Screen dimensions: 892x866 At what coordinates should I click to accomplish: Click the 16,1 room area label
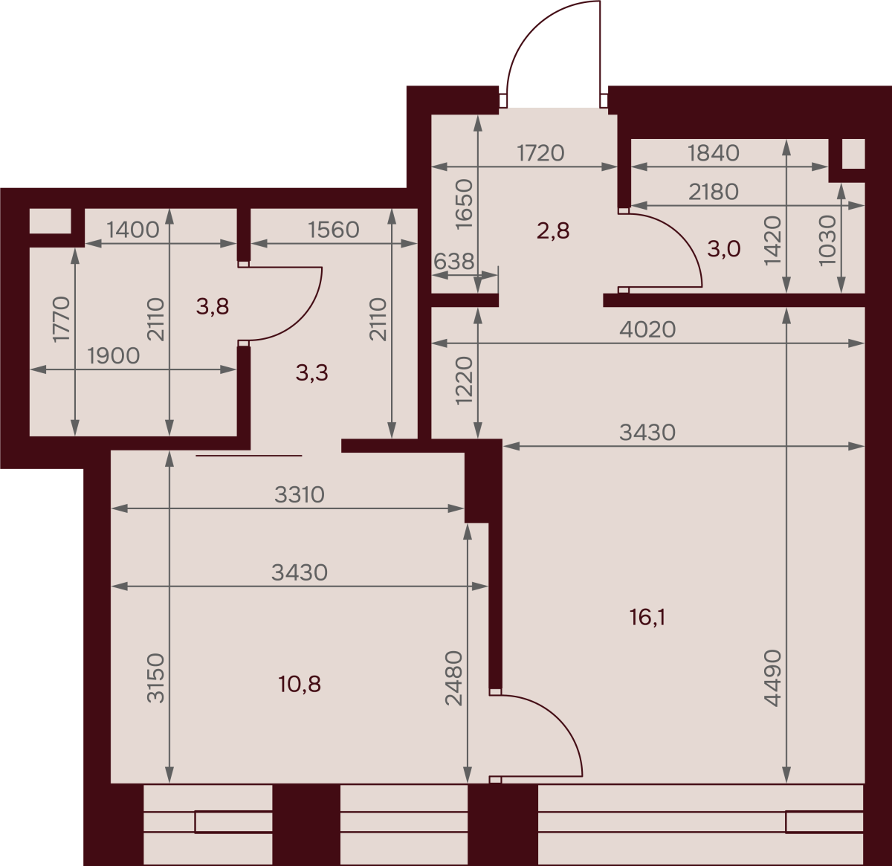click(x=647, y=618)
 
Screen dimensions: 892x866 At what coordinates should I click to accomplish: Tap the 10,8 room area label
click(x=300, y=684)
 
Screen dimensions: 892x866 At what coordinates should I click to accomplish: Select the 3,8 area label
click(x=213, y=306)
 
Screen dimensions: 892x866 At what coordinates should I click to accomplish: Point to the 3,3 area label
click(x=311, y=372)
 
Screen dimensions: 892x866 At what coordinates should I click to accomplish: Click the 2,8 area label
click(x=553, y=230)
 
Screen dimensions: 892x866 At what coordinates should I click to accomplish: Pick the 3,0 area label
click(x=724, y=249)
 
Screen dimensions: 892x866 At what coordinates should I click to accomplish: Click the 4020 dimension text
click(x=647, y=329)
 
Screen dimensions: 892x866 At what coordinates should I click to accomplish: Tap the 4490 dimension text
click(x=772, y=678)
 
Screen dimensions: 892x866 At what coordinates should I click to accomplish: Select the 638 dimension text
click(x=453, y=262)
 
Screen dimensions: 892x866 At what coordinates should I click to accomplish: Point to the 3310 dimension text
click(x=300, y=494)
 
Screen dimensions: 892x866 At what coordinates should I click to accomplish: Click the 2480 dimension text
click(x=453, y=678)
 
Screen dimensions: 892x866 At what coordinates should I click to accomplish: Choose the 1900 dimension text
click(x=113, y=356)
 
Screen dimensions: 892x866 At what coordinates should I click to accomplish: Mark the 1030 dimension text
click(x=827, y=241)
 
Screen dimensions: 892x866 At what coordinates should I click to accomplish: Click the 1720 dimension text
click(x=540, y=153)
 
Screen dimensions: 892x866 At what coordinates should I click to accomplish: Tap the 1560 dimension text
click(x=333, y=230)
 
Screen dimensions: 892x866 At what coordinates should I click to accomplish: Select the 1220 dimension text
click(x=463, y=381)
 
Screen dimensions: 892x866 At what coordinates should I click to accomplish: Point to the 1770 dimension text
click(x=62, y=319)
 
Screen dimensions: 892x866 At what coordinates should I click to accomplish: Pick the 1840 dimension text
click(x=714, y=153)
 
